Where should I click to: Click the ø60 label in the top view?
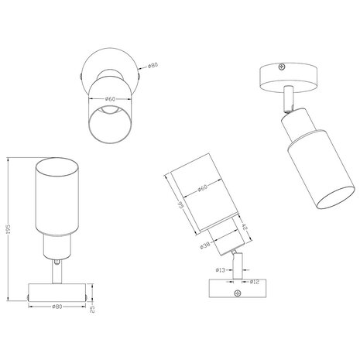[x=110, y=99]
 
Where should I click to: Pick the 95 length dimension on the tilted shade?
[x=178, y=207]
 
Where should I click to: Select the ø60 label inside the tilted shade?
[x=201, y=188]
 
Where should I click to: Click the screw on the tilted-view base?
[x=237, y=293]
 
